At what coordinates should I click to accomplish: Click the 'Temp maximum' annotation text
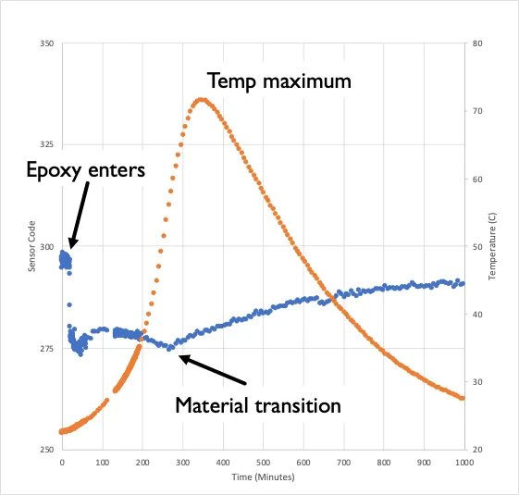pos(278,81)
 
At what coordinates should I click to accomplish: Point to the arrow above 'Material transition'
pos(213,369)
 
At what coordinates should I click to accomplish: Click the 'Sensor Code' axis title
pos(31,251)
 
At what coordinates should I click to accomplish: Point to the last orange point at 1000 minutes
pos(463,398)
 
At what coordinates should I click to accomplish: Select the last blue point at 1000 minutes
pos(463,284)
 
